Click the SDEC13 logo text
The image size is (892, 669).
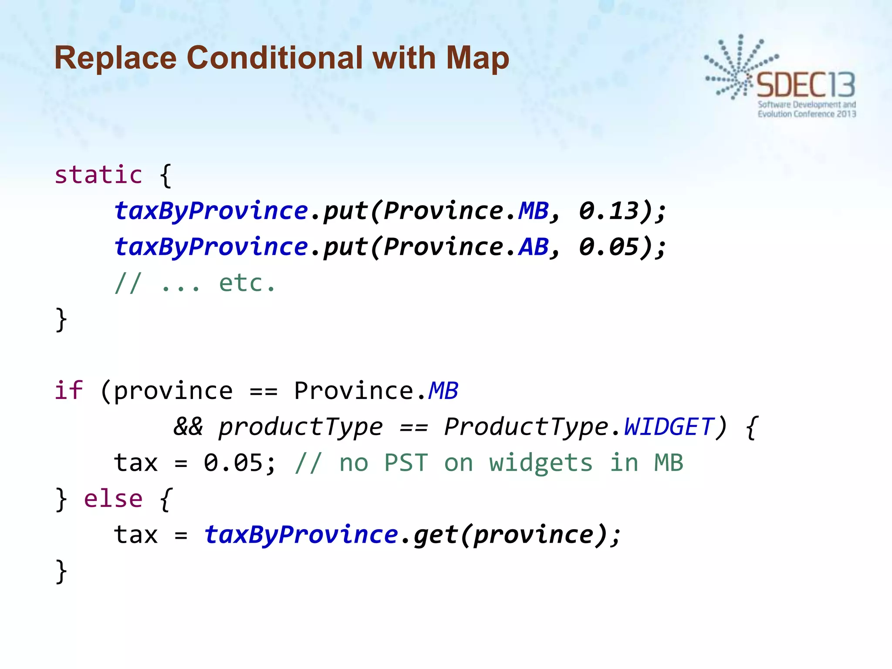(806, 85)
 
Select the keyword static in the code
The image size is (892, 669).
(98, 175)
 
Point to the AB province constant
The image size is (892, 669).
(534, 247)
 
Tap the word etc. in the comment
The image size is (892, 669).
(247, 284)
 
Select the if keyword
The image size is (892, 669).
(68, 390)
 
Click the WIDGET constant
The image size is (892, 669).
(669, 426)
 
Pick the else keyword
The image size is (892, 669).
(113, 499)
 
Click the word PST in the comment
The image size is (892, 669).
(406, 463)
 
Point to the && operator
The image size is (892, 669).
(188, 426)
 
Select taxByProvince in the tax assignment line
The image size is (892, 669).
(301, 534)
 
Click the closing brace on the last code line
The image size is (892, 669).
(61, 571)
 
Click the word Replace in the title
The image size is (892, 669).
(115, 57)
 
